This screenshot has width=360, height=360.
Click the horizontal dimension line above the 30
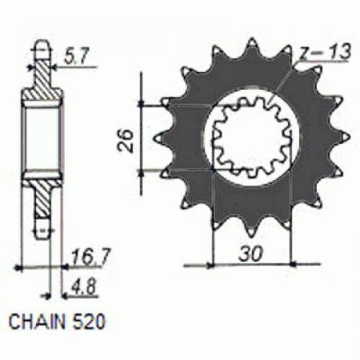[x=251, y=264]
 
